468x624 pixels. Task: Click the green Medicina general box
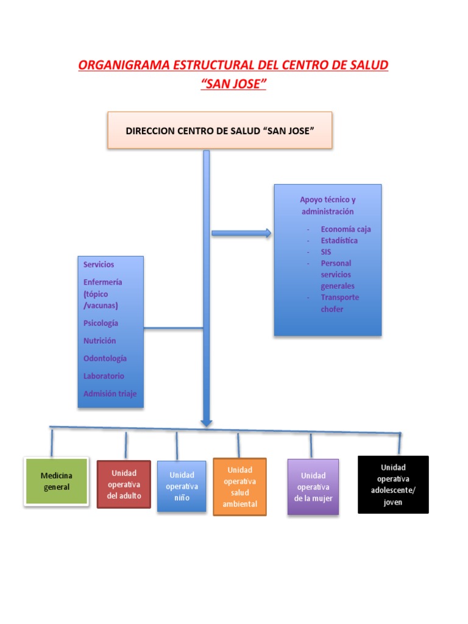56,481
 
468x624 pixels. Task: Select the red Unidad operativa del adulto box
124,484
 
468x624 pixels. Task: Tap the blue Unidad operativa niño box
182,486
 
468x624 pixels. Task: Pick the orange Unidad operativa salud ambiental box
239,487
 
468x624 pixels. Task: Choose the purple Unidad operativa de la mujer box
313,487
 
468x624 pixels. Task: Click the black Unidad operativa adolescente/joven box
393,484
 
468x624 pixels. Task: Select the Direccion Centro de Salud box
219,130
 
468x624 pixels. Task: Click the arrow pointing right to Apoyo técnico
241,233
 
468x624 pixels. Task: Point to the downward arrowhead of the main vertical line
207,420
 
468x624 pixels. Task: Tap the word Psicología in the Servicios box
101,323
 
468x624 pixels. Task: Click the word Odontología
105,358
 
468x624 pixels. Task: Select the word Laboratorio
104,376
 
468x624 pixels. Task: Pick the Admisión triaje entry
110,394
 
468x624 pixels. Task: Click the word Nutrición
99,341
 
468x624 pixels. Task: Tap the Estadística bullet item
339,241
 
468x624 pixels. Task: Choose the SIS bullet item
326,252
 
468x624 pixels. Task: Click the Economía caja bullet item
346,229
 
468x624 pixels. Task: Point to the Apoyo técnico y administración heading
327,205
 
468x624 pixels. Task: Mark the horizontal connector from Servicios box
173,328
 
